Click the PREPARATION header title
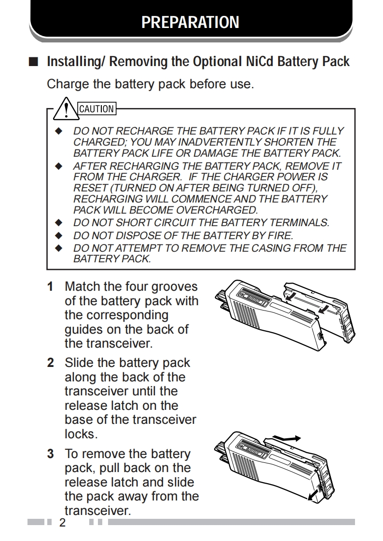pyautogui.click(x=190, y=22)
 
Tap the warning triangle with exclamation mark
pyautogui.click(x=66, y=108)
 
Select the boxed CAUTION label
pyautogui.click(x=96, y=108)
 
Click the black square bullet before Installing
pyautogui.click(x=33, y=62)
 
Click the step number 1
pyautogui.click(x=50, y=287)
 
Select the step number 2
pyautogui.click(x=50, y=363)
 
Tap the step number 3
pyautogui.click(x=50, y=454)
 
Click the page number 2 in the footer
pyautogui.click(x=62, y=523)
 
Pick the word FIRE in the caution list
pyautogui.click(x=280, y=235)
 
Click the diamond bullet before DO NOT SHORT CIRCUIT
pyautogui.click(x=59, y=223)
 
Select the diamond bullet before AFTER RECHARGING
pyautogui.click(x=59, y=166)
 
